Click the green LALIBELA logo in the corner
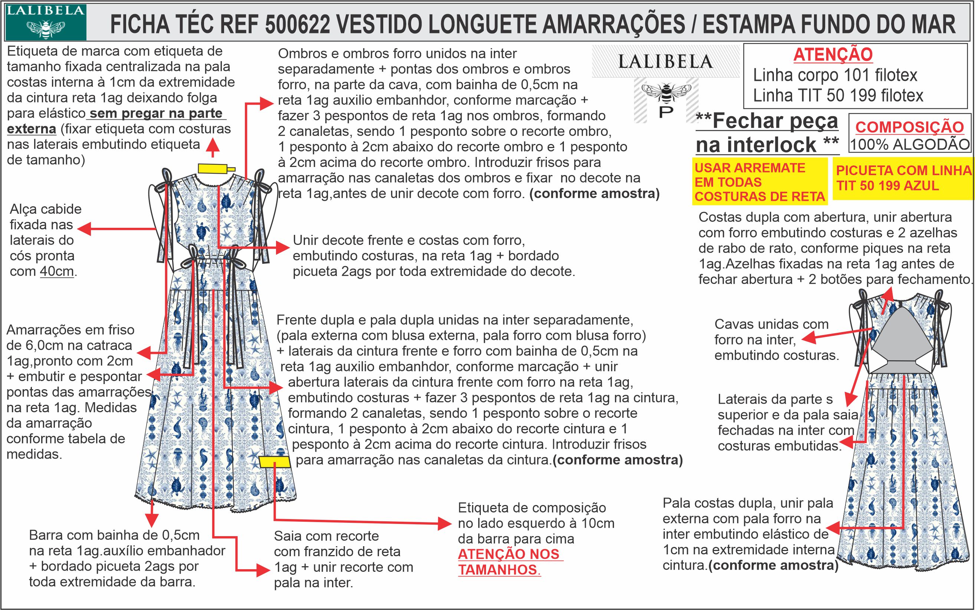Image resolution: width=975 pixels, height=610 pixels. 45,22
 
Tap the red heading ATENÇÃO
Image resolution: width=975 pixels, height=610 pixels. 833,55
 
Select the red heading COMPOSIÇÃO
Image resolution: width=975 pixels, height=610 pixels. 910,127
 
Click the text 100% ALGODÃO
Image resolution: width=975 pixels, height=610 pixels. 910,144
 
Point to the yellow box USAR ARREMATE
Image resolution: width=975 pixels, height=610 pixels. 759,182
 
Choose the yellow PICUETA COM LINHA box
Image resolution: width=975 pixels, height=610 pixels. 903,178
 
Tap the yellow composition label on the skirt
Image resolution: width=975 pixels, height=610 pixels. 274,462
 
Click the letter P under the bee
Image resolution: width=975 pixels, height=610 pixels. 666,112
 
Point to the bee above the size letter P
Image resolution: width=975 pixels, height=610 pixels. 666,92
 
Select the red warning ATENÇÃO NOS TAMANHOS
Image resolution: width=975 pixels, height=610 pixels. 510,562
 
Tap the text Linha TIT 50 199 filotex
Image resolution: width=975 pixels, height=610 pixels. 838,96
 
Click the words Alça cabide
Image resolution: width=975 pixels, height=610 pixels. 46,209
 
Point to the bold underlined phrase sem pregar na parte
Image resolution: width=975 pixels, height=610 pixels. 156,114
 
